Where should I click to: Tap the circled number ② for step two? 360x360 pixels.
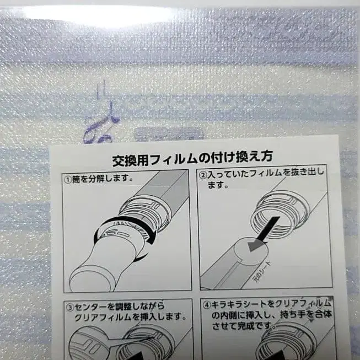pyautogui.click(x=203, y=174)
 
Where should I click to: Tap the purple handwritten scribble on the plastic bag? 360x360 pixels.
pyautogui.click(x=99, y=128)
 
